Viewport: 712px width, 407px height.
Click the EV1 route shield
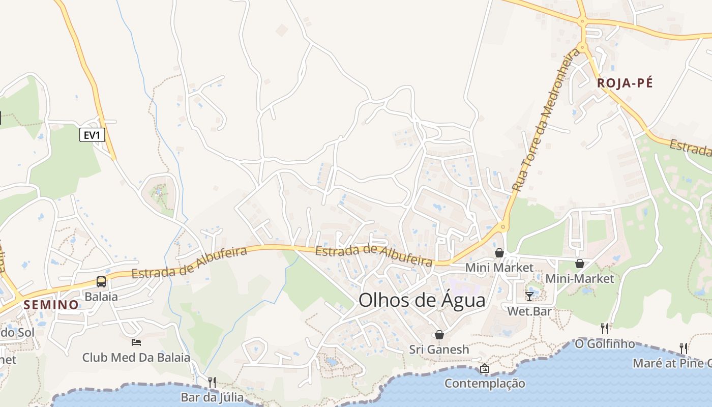[x=92, y=135]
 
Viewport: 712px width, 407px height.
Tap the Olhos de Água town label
[x=422, y=300]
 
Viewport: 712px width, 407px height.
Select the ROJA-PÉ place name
[x=625, y=83]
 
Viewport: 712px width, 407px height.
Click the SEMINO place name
[x=51, y=305]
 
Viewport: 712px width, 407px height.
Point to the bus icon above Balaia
[x=101, y=282]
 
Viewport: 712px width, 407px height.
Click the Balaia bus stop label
[x=101, y=296]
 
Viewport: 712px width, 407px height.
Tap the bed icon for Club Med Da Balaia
[x=136, y=342]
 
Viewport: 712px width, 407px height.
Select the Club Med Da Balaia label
[x=136, y=358]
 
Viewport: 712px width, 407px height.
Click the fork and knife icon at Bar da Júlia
[x=212, y=382]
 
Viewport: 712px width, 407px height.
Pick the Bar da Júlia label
[x=212, y=397]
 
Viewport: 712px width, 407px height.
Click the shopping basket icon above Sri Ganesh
[x=439, y=335]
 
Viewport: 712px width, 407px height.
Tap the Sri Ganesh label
[x=439, y=350]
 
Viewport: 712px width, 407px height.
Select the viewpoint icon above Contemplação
[x=485, y=368]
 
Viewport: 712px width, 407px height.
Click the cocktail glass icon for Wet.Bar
[x=529, y=296]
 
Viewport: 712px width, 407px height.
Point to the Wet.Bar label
[x=529, y=311]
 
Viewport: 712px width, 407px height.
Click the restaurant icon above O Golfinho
[x=605, y=328]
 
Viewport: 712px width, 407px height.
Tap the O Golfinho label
[x=605, y=344]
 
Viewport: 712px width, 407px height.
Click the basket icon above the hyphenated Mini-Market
[x=579, y=264]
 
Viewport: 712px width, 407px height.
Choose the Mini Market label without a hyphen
[x=499, y=268]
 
